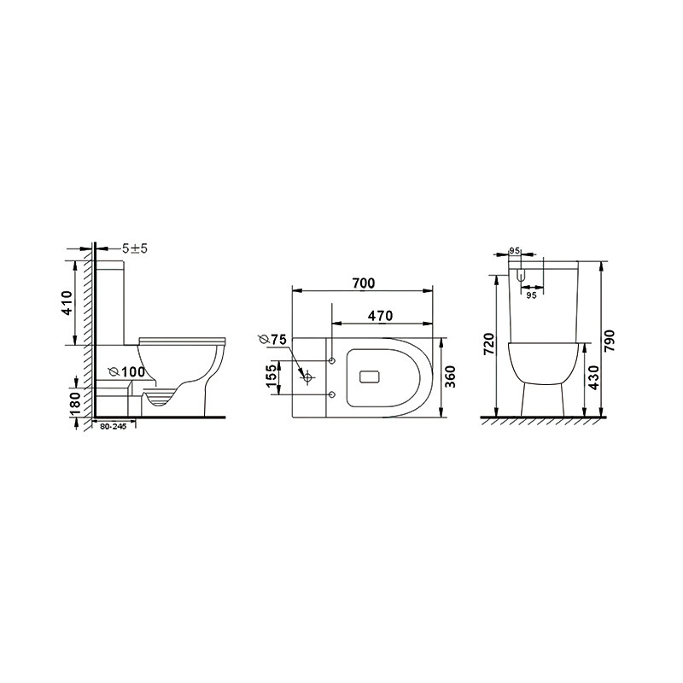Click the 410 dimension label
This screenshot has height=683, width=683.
(67, 303)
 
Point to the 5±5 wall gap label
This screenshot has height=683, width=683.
(135, 248)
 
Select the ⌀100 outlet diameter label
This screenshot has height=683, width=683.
(126, 372)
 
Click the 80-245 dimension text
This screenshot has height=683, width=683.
(113, 427)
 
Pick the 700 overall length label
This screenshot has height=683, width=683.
(364, 283)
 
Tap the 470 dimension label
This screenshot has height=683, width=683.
(380, 316)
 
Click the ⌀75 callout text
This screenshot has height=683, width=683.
(272, 339)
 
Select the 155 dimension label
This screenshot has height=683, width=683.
(271, 377)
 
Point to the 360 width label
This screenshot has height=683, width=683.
(450, 377)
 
